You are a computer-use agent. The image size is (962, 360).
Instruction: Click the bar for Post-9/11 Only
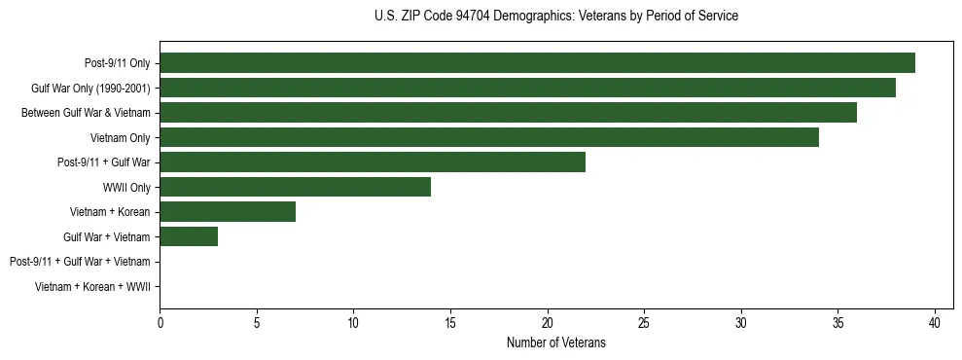[x=537, y=63]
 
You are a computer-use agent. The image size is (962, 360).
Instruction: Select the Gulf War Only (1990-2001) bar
[x=527, y=89]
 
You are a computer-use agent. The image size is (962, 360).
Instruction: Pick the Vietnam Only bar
[x=489, y=137]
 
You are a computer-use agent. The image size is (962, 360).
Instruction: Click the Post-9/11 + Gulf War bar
[x=373, y=162]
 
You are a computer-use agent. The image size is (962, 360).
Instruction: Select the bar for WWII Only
[x=295, y=187]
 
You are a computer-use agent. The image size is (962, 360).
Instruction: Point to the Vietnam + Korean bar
[x=228, y=211]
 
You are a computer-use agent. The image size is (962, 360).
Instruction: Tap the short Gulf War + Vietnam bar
[x=189, y=236]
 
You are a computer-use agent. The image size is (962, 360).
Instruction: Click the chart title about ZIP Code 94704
[x=555, y=17]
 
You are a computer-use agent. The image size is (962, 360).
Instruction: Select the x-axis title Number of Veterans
[x=555, y=342]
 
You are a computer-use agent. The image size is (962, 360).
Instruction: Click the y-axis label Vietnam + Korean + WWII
[x=92, y=286]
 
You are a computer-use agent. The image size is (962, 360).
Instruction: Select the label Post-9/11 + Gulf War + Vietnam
[x=80, y=262]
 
